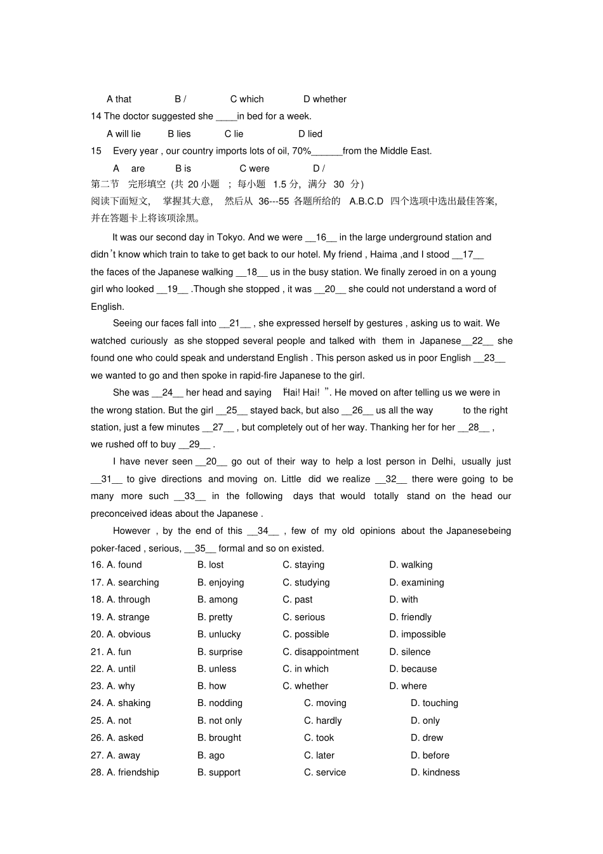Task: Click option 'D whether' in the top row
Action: (324, 99)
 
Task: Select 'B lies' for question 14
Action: (179, 134)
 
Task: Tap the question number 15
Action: (96, 151)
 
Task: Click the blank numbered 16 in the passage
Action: (321, 237)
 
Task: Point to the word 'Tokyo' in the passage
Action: (230, 237)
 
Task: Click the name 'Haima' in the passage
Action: (383, 255)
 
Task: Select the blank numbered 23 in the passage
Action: (489, 358)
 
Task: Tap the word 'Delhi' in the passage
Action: (442, 462)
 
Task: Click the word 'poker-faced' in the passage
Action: (116, 549)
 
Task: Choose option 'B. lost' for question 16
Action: (210, 564)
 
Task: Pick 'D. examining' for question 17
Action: (416, 582)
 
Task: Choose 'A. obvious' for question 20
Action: (128, 634)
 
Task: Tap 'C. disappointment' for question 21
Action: (321, 651)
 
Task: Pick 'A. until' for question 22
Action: (121, 669)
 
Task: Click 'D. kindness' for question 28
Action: (435, 772)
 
